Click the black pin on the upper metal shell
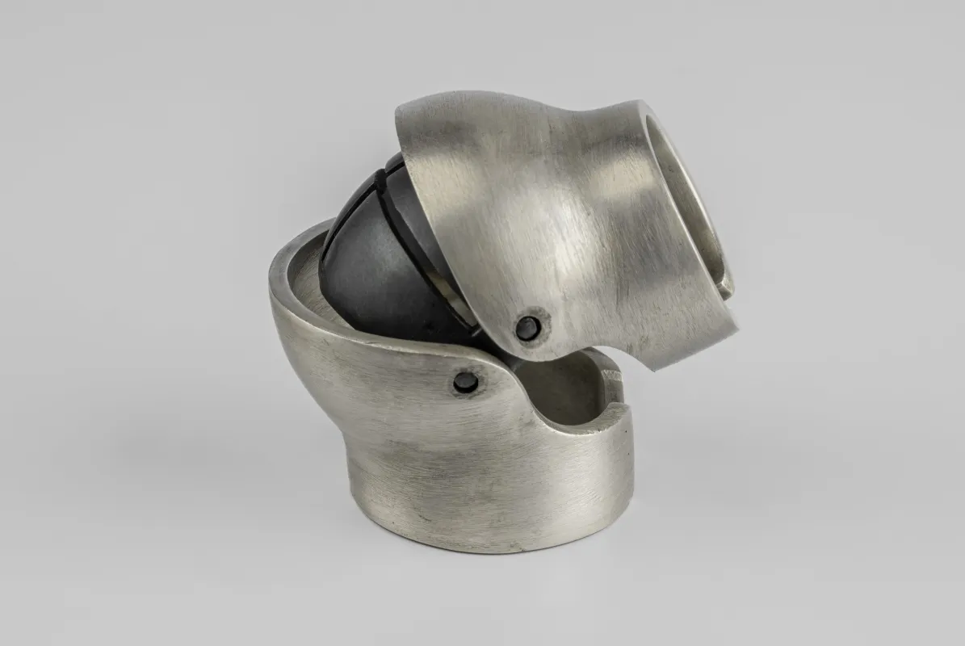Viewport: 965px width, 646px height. pyautogui.click(x=527, y=327)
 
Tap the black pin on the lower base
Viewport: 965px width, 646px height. pyautogui.click(x=465, y=382)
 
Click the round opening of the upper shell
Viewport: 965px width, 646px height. pyautogui.click(x=686, y=202)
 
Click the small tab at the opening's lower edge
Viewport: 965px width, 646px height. pyautogui.click(x=726, y=287)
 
